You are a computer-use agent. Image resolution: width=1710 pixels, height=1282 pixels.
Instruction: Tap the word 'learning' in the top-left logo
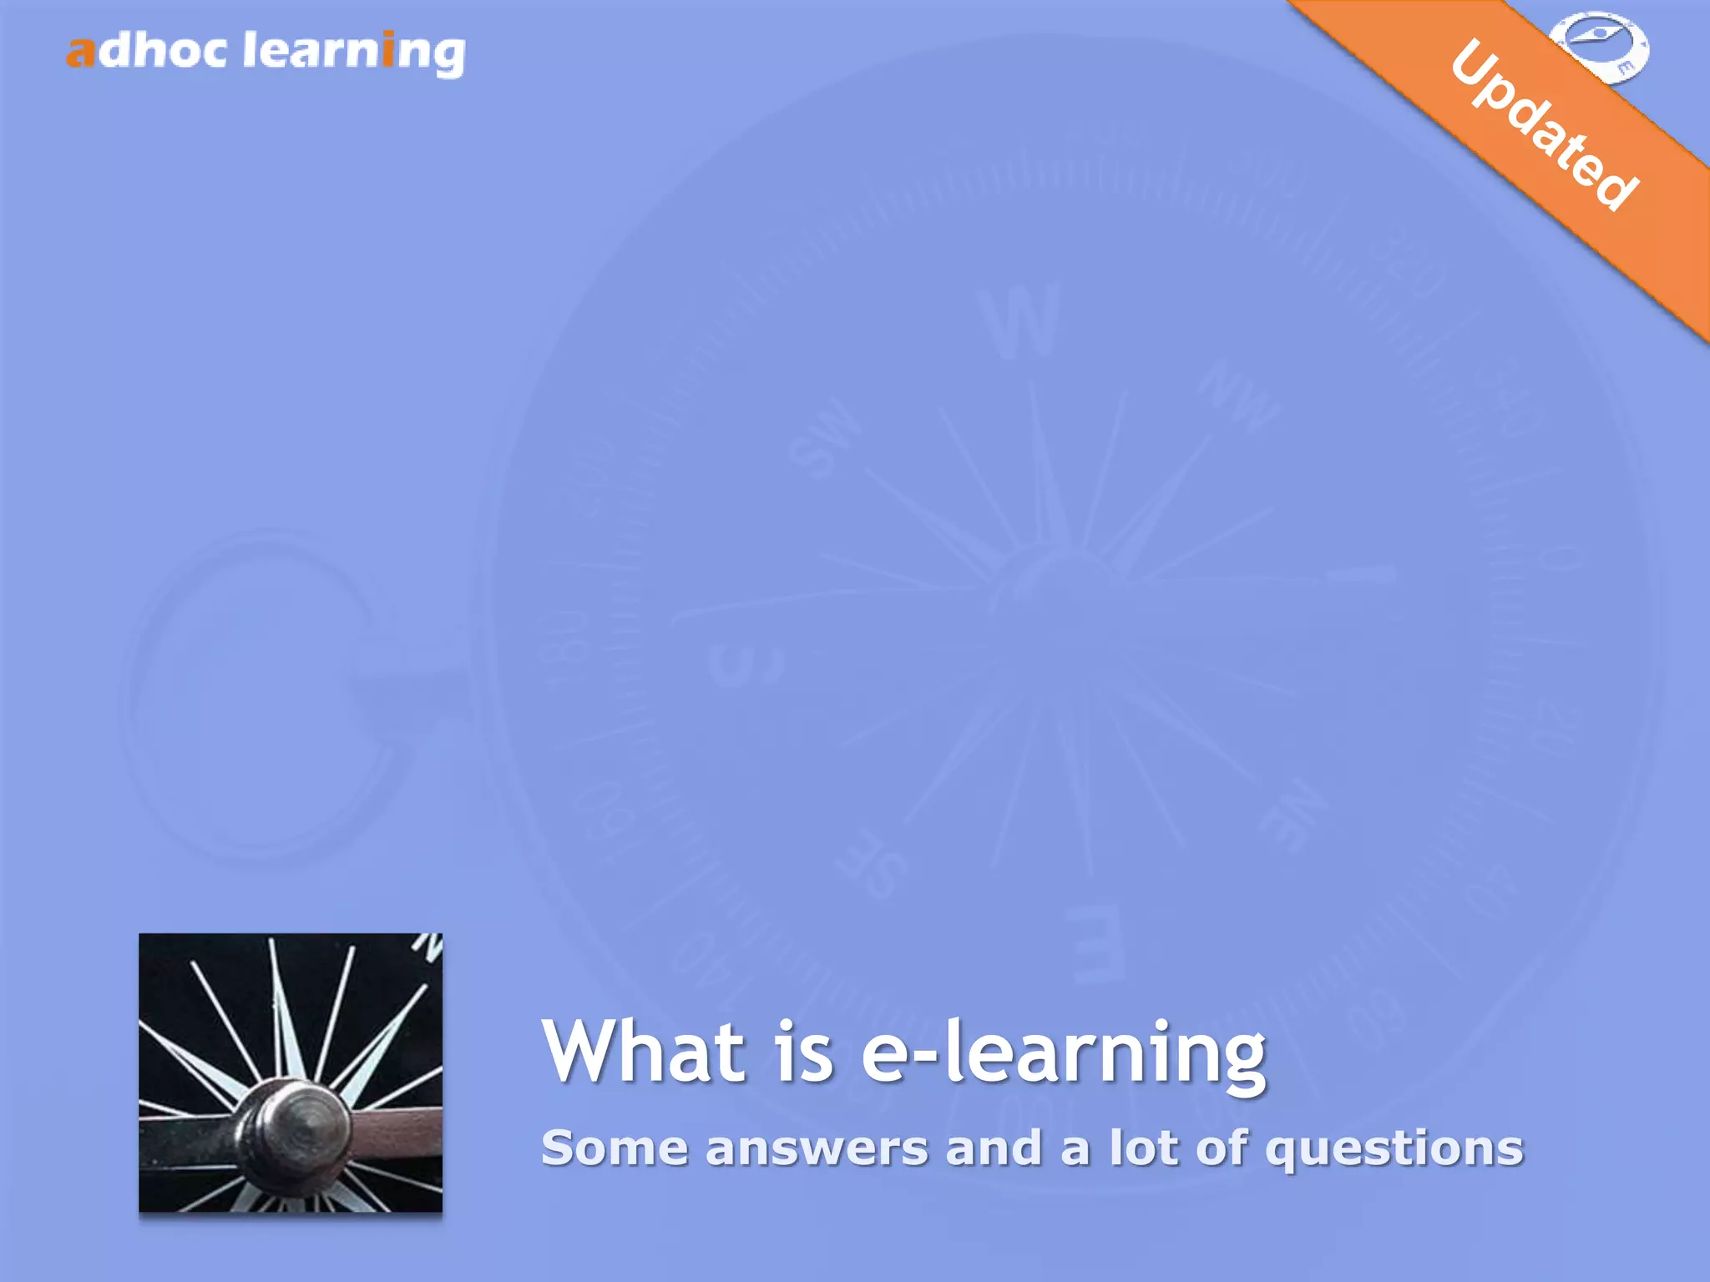(353, 53)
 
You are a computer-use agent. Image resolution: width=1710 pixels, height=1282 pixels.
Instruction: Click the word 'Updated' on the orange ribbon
(1544, 124)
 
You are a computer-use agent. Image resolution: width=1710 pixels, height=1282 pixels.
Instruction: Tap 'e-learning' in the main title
(1063, 1053)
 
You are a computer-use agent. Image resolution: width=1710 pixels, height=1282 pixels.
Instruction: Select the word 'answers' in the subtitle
(817, 1149)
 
